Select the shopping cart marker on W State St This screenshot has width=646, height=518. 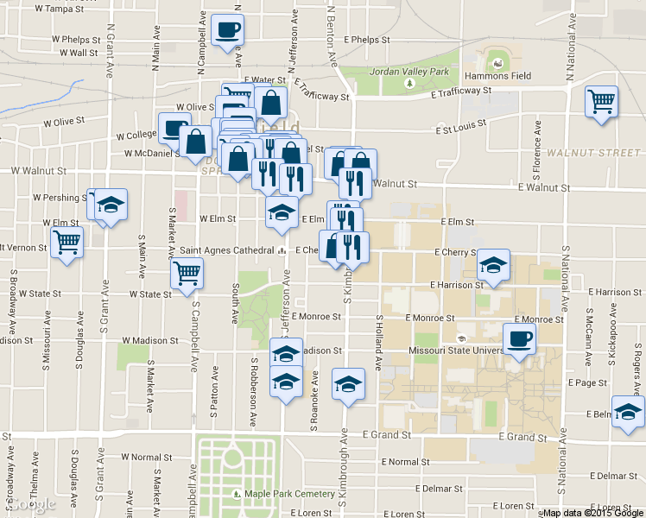click(x=187, y=274)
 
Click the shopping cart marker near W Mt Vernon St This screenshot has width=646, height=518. click(x=66, y=243)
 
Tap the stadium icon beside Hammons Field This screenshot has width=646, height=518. click(x=496, y=62)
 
